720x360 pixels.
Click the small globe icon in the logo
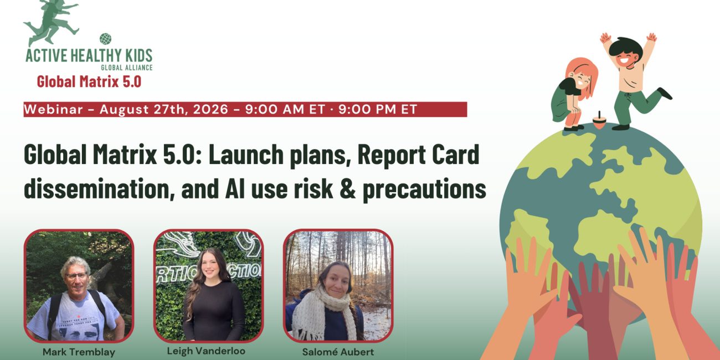click(x=105, y=39)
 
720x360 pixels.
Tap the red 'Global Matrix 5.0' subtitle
click(x=89, y=81)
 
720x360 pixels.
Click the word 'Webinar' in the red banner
click(x=53, y=109)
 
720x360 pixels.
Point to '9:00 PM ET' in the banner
click(x=378, y=109)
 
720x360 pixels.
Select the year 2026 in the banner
click(x=210, y=109)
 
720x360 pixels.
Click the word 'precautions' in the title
click(x=424, y=189)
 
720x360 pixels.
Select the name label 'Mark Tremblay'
click(x=79, y=352)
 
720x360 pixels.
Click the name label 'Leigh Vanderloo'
click(x=206, y=351)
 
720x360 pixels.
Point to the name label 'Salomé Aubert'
click(x=338, y=352)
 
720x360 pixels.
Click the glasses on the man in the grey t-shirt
click(x=76, y=276)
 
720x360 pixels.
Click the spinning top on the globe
click(x=599, y=121)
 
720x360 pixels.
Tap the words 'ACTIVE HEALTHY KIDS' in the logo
click(x=89, y=55)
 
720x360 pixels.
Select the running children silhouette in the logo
click(x=52, y=23)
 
